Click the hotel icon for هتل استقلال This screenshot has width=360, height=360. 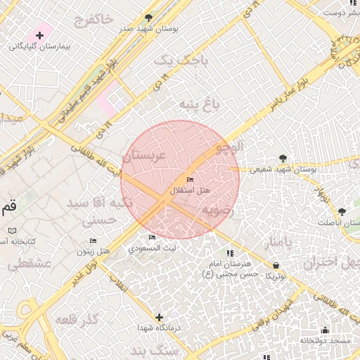click(x=190, y=180)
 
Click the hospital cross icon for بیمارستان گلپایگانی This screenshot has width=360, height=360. click(x=39, y=35)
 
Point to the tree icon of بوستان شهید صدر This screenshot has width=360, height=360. click(x=148, y=17)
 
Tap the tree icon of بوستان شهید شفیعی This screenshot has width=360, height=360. click(x=283, y=158)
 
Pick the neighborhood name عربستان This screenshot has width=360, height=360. click(x=143, y=156)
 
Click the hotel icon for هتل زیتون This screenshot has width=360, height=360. click(x=93, y=241)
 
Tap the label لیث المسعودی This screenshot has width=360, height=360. click(x=153, y=248)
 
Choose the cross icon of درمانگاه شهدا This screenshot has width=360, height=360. click(x=159, y=318)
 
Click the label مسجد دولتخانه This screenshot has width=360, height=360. click(x=325, y=340)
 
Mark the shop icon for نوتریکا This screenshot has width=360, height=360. click(x=276, y=264)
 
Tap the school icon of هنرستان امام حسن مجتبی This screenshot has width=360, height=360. click(x=229, y=253)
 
